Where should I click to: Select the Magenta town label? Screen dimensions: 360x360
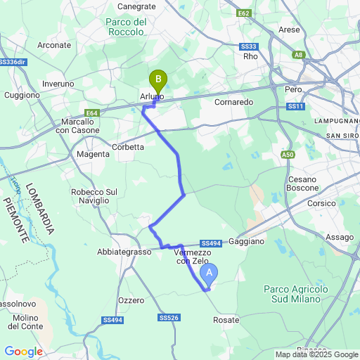point(93,154)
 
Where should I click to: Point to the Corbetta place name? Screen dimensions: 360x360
point(128,147)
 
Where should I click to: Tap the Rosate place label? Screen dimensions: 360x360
point(226,320)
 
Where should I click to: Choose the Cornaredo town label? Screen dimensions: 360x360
point(233,102)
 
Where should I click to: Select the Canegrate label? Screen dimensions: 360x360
point(136,7)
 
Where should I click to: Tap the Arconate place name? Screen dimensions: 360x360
point(54,45)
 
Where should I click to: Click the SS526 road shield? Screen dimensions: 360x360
point(168,318)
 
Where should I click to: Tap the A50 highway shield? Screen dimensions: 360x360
point(288,155)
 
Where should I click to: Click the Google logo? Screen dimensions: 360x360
point(23,352)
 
